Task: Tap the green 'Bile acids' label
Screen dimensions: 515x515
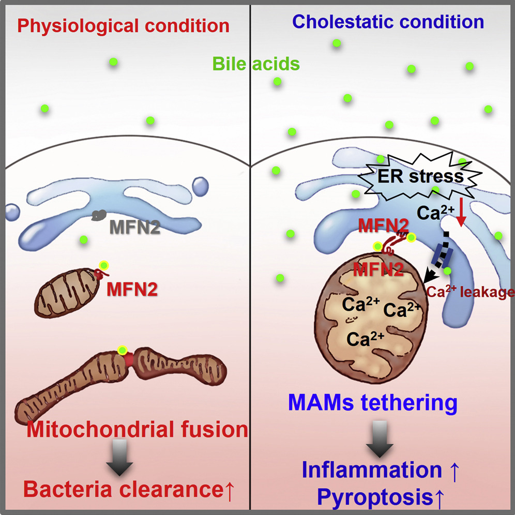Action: [256, 64]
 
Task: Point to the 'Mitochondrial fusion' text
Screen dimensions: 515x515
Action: [138, 429]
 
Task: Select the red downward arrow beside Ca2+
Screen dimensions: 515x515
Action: [462, 215]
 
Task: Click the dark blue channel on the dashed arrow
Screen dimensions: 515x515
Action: [443, 256]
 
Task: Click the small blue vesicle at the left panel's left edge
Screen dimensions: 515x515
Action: [11, 212]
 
